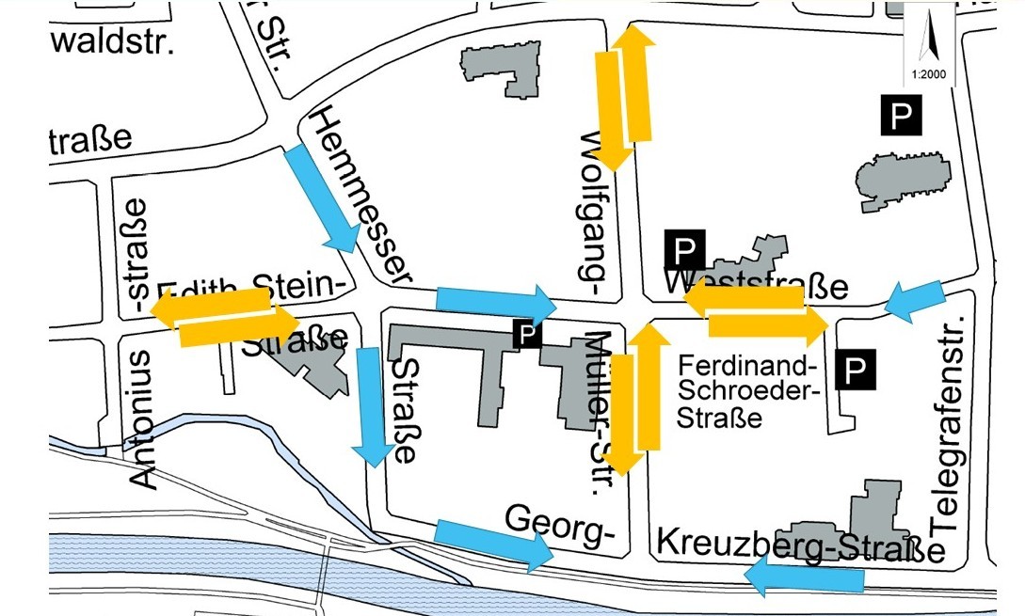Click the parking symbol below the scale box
[x=901, y=115]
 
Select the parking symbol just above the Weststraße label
[x=685, y=249]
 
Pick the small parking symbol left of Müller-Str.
[x=526, y=332]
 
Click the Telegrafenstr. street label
[x=948, y=423]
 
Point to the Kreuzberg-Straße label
[x=800, y=545]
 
